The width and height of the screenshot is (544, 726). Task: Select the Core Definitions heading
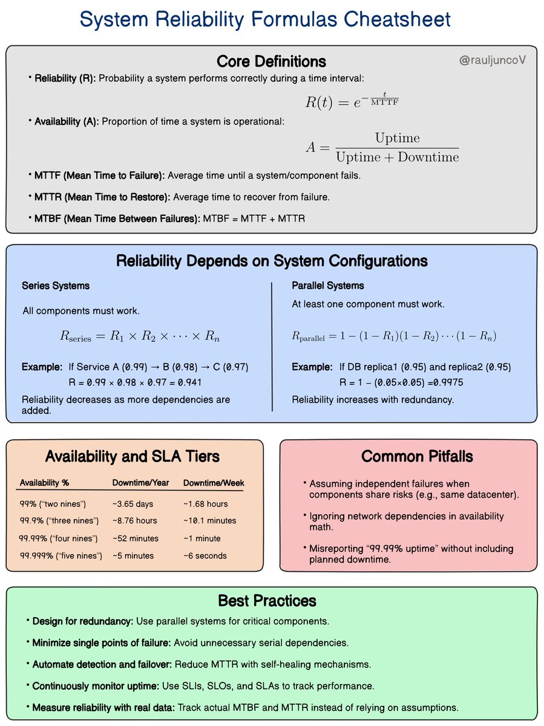pos(271,62)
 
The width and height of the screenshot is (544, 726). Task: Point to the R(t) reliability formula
pos(352,101)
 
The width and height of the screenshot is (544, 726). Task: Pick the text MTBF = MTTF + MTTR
pos(254,218)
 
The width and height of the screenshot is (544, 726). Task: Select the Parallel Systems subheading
pos(328,285)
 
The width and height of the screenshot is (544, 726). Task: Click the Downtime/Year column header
pos(141,483)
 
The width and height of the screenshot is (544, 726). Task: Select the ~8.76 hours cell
pos(134,520)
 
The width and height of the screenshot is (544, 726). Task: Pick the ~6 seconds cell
pos(205,555)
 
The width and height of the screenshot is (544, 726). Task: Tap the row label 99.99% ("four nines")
pos(59,538)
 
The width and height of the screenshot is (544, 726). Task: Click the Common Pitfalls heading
pos(408,456)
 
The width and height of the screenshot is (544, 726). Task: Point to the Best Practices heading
pos(267,601)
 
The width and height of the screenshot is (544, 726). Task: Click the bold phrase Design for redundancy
pos(82,621)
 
